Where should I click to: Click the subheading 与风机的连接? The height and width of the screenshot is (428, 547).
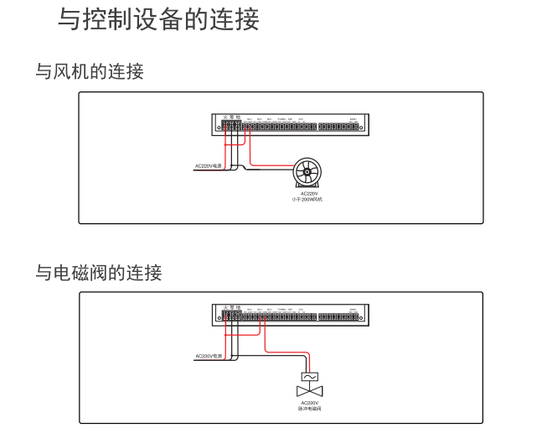89,72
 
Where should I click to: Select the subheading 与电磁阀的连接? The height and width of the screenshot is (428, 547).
98,272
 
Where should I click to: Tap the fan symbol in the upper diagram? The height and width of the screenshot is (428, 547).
307,174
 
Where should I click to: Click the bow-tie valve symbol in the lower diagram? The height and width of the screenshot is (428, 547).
308,392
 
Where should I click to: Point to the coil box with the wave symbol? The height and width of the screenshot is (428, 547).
308,377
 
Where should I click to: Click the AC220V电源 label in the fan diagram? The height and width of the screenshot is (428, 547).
207,167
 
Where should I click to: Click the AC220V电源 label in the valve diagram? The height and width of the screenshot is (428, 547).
208,356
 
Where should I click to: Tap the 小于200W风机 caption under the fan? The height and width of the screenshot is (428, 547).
307,200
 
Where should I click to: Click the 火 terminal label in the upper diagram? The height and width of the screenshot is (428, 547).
224,117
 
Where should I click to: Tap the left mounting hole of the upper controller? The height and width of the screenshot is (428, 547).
219,128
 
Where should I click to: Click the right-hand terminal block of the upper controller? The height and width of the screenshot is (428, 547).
338,127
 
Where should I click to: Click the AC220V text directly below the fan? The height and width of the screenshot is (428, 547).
307,194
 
